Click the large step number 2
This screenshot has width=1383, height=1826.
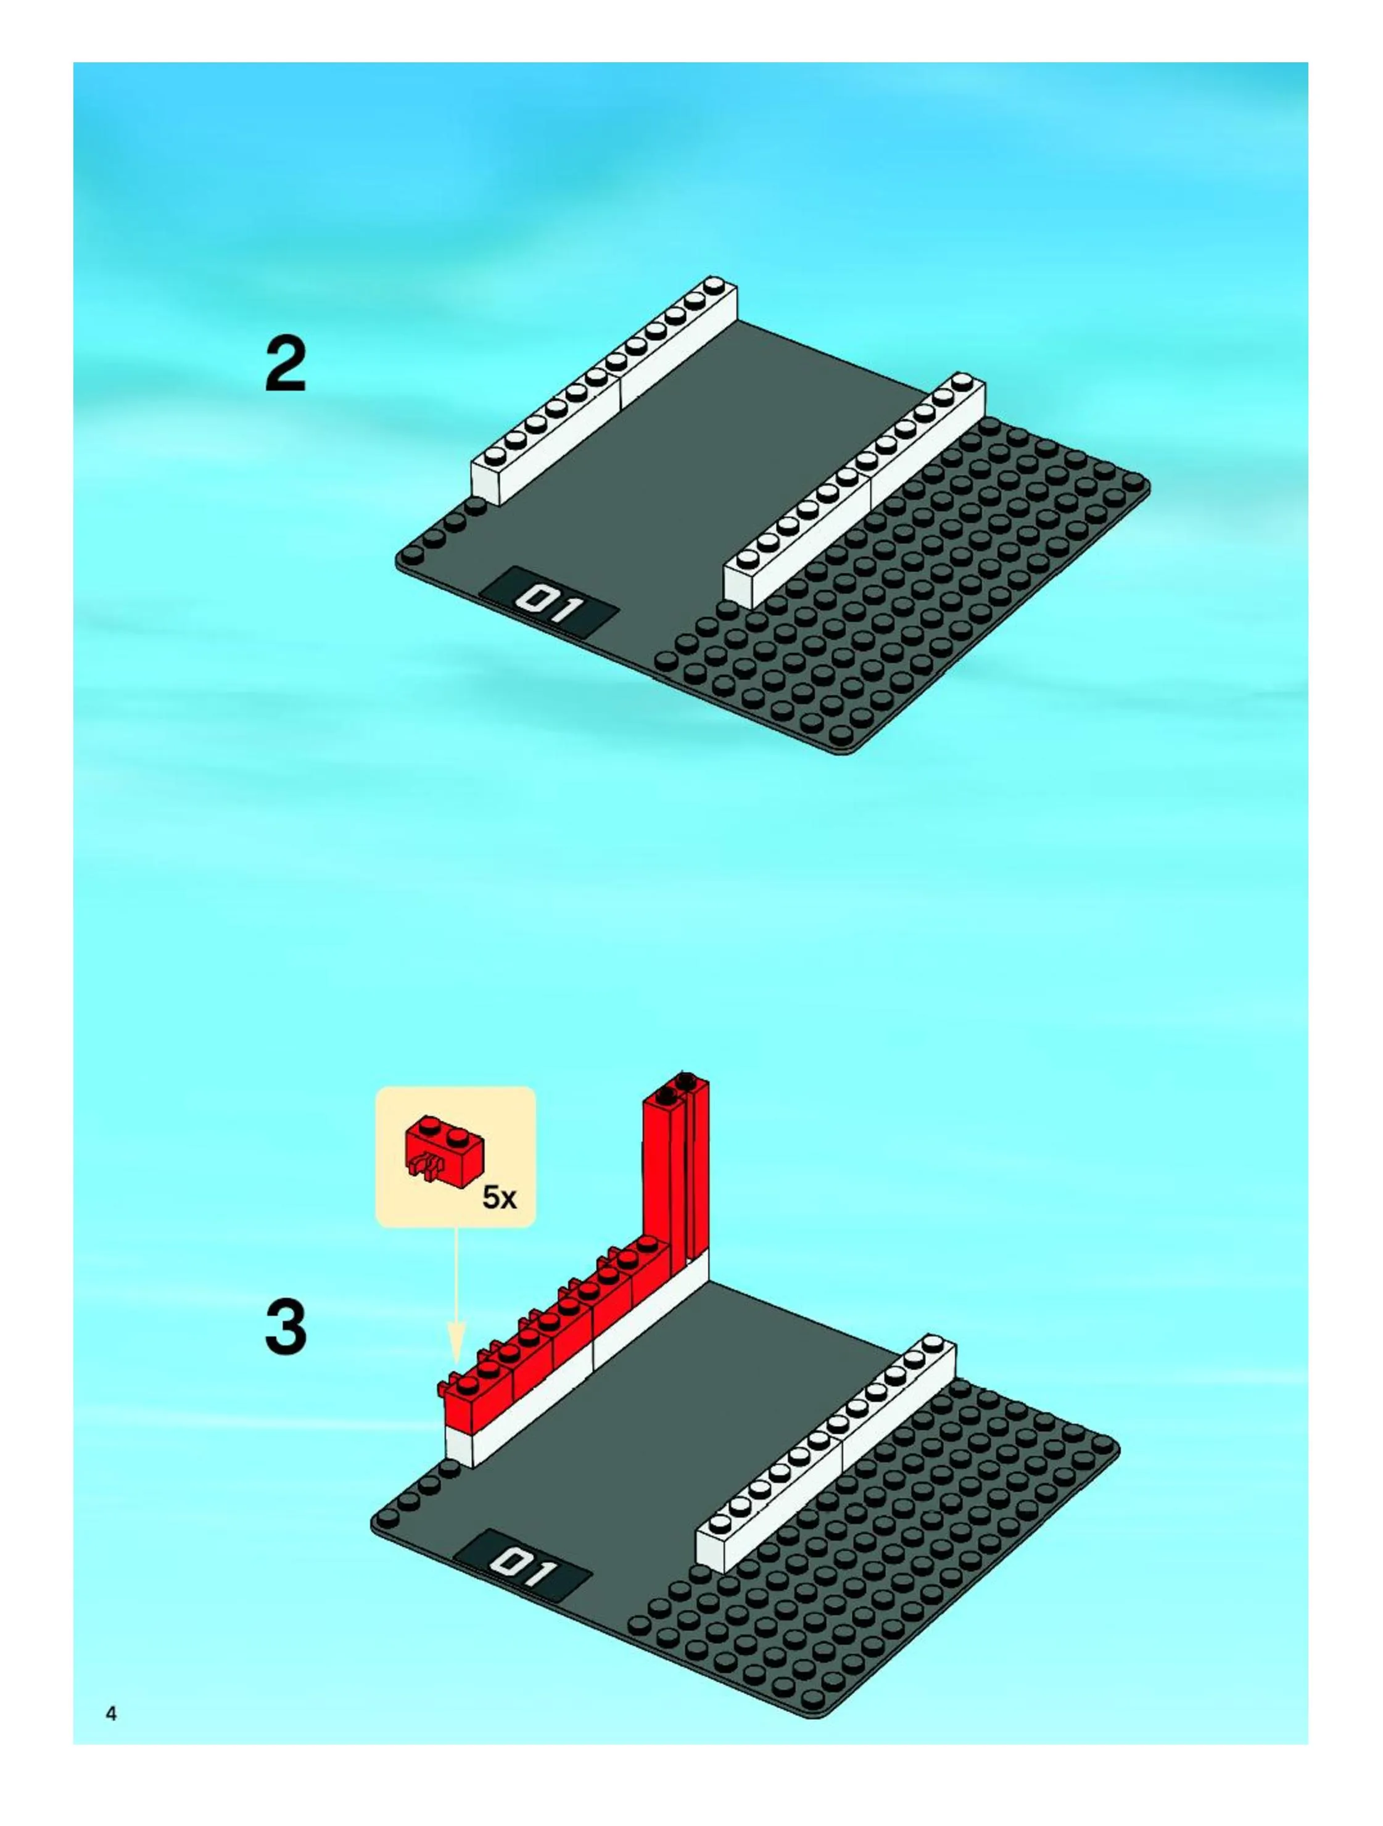286,365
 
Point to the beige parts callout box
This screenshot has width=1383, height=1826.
456,1157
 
